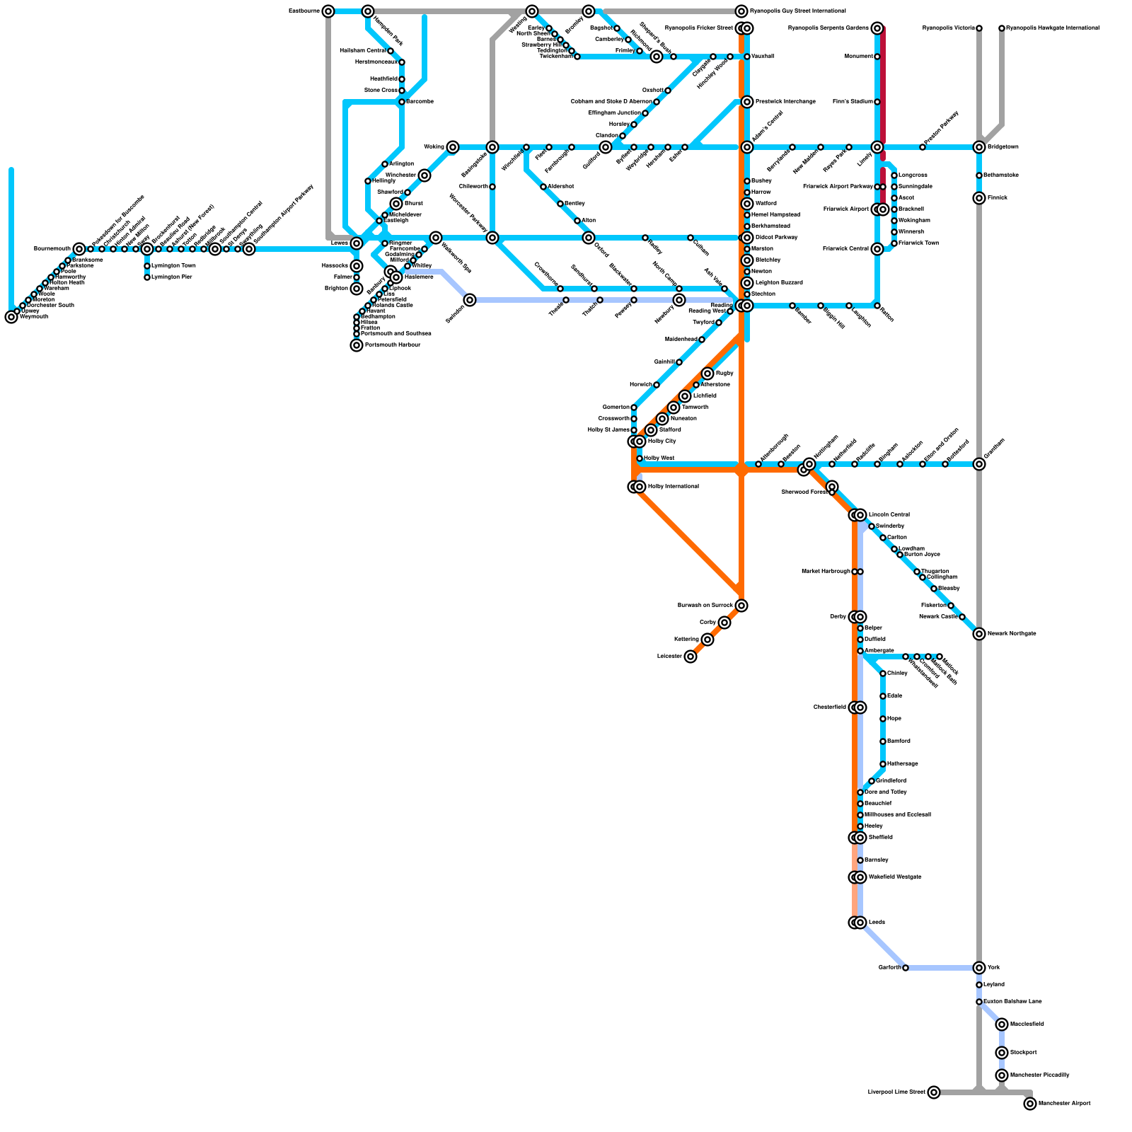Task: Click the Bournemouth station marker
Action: (x=79, y=249)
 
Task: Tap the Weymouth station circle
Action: (x=11, y=317)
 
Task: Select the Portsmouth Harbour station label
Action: (x=393, y=345)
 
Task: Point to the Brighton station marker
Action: (x=357, y=289)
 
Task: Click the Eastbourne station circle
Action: (x=328, y=11)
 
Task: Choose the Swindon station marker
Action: (x=470, y=300)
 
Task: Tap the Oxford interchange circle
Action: (x=589, y=238)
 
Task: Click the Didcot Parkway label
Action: (x=776, y=238)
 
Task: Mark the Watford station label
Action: (x=766, y=204)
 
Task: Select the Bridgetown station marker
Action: (x=979, y=147)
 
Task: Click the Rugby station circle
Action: (x=707, y=374)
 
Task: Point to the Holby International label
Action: (x=673, y=487)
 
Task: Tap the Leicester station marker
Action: (x=691, y=657)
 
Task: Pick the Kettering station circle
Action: (x=707, y=640)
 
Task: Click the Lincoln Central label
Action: (x=889, y=515)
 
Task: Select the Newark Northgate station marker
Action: (x=979, y=634)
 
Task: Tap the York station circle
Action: (x=979, y=968)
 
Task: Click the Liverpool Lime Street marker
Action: (x=934, y=1092)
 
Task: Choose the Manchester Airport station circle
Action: (x=1030, y=1104)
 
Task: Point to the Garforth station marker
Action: (x=906, y=968)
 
